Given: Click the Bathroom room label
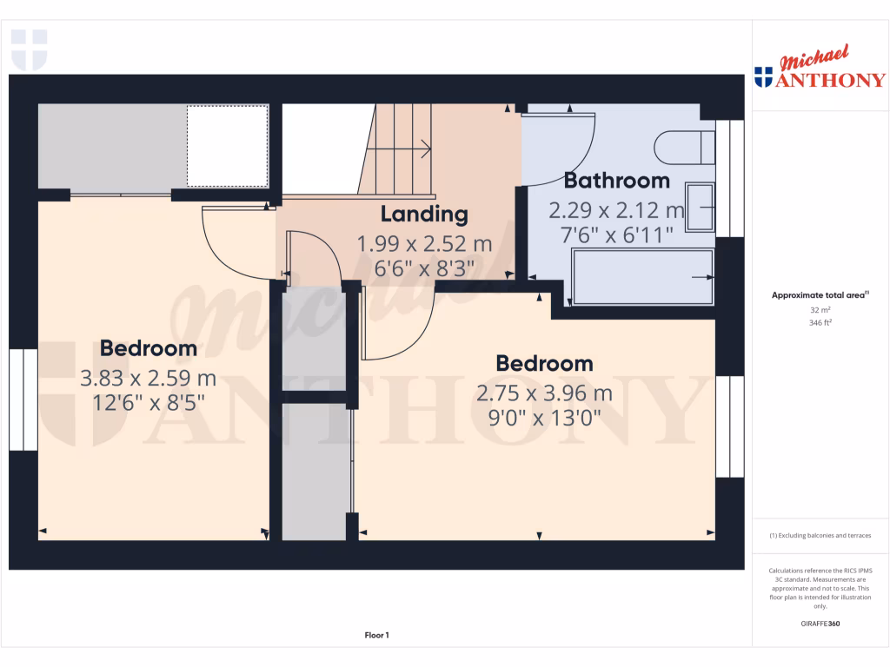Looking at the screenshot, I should (616, 181).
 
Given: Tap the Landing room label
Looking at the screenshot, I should (424, 214).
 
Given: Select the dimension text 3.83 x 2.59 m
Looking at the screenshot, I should (148, 379).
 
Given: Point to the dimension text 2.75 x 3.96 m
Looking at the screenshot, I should (544, 393).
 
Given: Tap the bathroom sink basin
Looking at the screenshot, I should (700, 207).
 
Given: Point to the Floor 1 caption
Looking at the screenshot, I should (376, 636).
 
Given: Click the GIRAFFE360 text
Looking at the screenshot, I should (820, 624).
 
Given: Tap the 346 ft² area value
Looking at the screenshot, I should (820, 322).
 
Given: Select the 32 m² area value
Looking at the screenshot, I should (820, 309).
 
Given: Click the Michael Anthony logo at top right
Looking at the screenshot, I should (820, 70).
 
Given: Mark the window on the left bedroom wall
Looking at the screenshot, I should (23, 400).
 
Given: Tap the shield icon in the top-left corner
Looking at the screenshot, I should (29, 50).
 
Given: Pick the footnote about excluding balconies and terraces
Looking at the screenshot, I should (820, 536).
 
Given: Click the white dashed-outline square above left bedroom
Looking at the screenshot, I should (227, 145).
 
